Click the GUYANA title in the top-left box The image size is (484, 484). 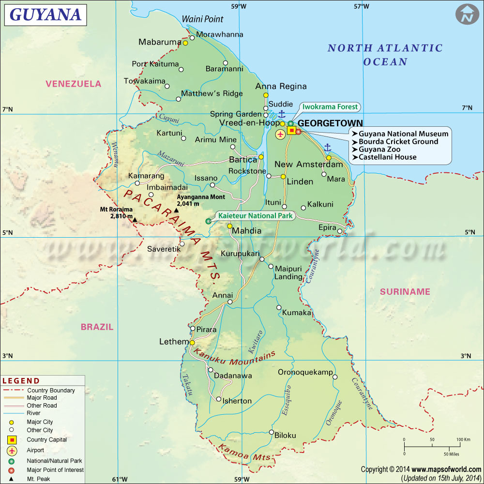point(45,15)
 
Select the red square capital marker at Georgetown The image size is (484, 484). point(292,130)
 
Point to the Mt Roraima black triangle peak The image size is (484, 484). point(135,220)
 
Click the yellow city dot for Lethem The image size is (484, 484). point(192,342)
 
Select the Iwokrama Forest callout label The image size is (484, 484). point(331,107)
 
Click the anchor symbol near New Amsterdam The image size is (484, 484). point(327,147)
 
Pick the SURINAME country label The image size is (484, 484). point(405,291)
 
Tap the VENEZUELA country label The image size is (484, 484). point(74,84)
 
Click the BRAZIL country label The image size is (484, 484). point(97,327)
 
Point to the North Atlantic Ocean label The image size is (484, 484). point(385,55)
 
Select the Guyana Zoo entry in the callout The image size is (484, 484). point(379,150)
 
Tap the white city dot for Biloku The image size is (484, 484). point(272,432)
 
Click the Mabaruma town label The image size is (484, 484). point(159,42)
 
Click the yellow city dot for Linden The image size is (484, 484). point(283,177)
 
